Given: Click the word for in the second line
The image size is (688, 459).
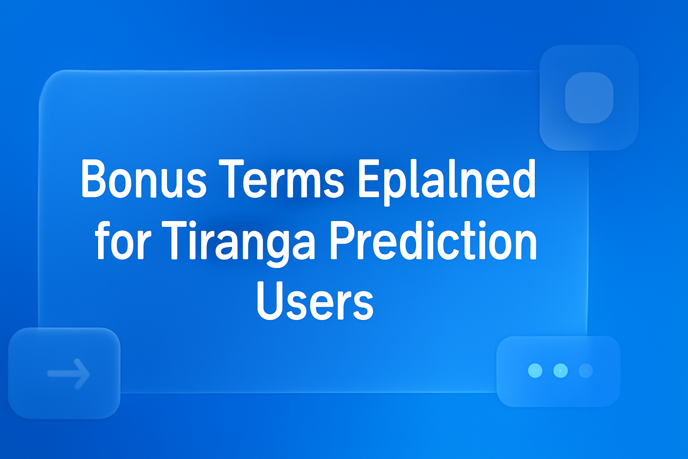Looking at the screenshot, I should tap(123, 241).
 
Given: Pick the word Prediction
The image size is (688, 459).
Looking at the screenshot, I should tap(433, 241).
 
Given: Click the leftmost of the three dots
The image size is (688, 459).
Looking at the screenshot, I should tap(535, 371).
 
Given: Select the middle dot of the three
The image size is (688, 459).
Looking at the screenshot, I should tap(560, 371).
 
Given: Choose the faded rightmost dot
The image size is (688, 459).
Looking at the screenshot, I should tap(585, 371).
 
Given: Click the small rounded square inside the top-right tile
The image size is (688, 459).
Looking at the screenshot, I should tap(589, 98).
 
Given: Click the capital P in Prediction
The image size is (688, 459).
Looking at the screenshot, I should tap(344, 240).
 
